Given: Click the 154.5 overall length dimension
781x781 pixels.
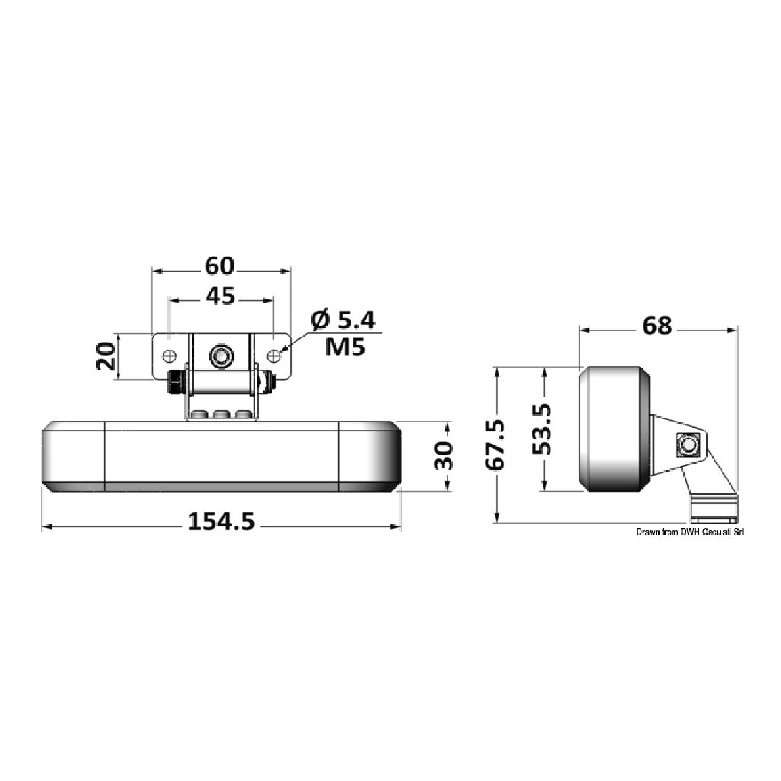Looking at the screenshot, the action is [x=221, y=522].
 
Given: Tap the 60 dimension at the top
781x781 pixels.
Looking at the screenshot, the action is [x=220, y=266].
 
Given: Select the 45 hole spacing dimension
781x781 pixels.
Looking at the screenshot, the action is [x=220, y=296].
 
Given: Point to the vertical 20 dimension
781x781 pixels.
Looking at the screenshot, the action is [x=106, y=356].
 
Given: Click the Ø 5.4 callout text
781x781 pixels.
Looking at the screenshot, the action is [x=343, y=320].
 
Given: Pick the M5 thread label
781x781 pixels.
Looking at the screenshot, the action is [x=345, y=347].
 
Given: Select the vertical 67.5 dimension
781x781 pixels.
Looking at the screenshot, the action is [x=495, y=445].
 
